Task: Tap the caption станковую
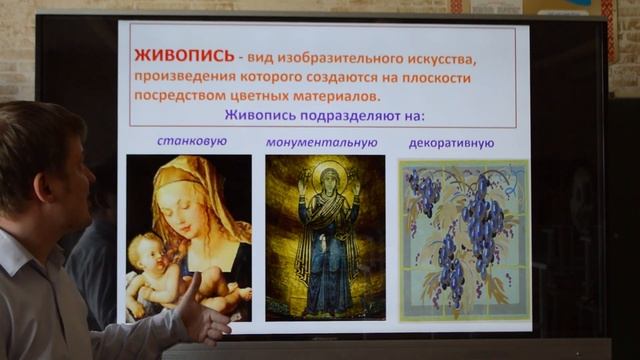point(192,141)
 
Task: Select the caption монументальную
point(321,142)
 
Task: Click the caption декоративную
point(451,142)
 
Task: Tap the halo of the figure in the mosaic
point(327,176)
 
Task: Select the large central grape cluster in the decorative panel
point(482,214)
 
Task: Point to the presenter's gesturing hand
point(205,318)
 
